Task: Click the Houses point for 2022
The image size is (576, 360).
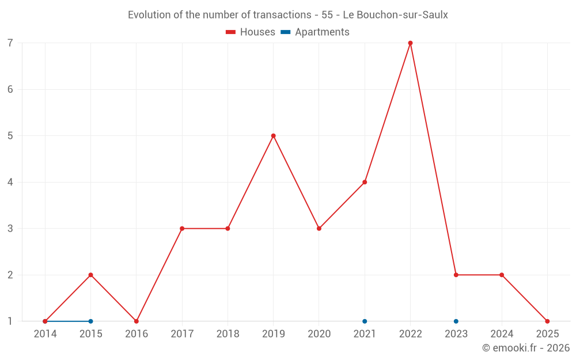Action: tap(410, 43)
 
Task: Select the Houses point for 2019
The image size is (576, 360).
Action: tap(274, 136)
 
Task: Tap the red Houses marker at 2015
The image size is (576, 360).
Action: tap(90, 275)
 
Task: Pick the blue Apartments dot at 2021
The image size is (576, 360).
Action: tap(365, 321)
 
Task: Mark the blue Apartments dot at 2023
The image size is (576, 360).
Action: tap(456, 321)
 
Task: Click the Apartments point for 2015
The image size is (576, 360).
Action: tap(90, 321)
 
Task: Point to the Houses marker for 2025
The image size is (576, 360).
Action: tap(547, 321)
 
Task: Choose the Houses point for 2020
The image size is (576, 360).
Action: tap(319, 229)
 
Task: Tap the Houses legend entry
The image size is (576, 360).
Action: tap(251, 32)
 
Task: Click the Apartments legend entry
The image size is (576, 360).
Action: tap(315, 32)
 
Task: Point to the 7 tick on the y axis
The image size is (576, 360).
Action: tap(10, 43)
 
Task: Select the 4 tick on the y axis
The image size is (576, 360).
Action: tap(10, 182)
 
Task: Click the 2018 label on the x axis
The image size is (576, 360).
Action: tap(228, 334)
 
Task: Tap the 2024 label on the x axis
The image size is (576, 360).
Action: tap(502, 334)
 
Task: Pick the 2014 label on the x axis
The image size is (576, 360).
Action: tap(45, 334)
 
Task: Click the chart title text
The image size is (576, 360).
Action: tap(288, 15)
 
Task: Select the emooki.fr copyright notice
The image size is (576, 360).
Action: tap(526, 348)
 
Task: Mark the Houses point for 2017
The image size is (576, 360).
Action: tap(182, 229)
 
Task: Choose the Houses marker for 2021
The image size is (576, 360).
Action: tap(365, 182)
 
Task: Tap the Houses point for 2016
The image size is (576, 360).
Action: tap(137, 321)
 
